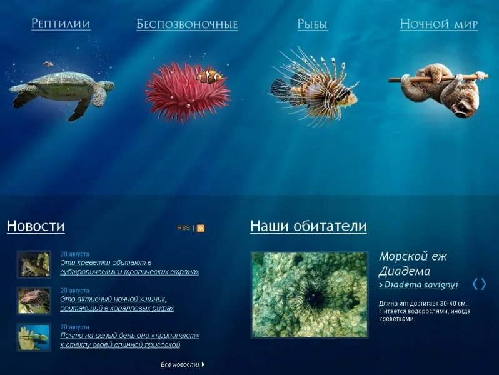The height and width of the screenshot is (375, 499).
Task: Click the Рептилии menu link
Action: (61, 24)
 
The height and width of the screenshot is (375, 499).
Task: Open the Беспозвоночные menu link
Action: (187, 25)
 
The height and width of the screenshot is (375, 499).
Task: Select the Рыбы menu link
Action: (312, 25)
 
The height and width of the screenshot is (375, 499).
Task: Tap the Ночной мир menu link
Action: (439, 25)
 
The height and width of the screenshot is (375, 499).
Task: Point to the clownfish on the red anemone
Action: (209, 77)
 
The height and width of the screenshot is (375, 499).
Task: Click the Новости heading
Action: (36, 226)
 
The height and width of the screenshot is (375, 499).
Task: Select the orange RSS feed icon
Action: (201, 229)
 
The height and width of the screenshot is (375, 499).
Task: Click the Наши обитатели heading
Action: (308, 226)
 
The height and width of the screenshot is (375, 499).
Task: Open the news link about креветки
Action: (129, 267)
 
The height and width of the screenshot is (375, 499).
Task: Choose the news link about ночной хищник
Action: (117, 304)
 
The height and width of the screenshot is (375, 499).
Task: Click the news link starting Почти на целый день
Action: (129, 340)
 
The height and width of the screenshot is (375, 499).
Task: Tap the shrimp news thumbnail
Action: (34, 264)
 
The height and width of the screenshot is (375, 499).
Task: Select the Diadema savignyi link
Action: (421, 285)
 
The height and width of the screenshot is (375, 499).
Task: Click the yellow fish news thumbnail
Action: (34, 337)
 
